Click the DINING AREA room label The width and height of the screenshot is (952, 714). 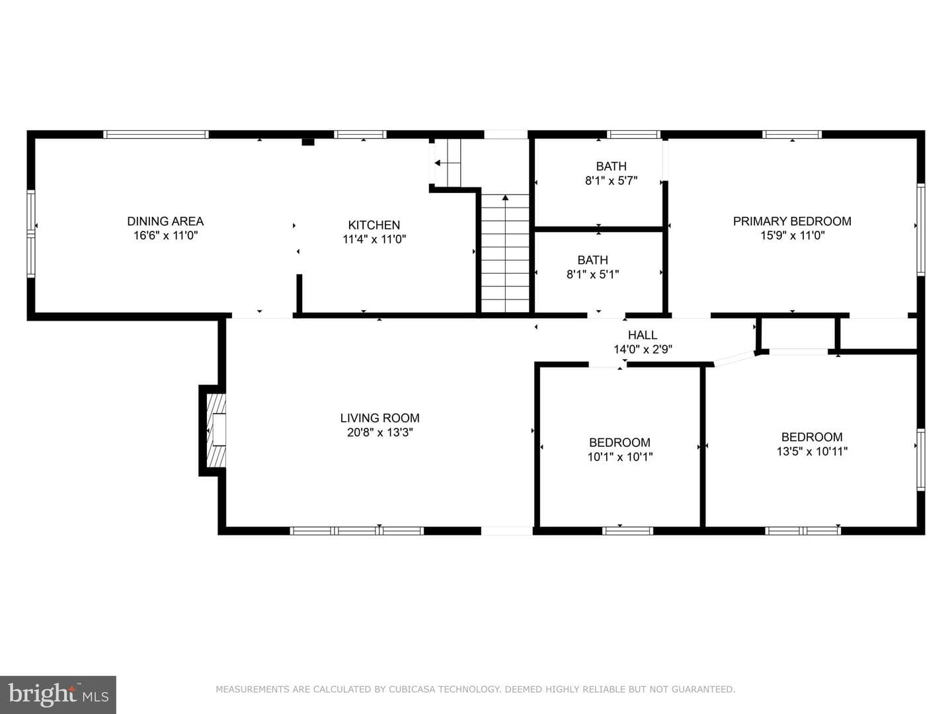(165, 221)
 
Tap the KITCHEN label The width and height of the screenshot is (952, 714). (374, 225)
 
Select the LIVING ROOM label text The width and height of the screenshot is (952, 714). (379, 418)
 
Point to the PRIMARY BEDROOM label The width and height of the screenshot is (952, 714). (792, 221)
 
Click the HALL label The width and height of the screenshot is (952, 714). (643, 335)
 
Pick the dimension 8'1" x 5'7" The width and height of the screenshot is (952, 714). (611, 180)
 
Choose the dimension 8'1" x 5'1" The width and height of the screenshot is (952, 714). (592, 274)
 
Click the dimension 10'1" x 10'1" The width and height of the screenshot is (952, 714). (619, 457)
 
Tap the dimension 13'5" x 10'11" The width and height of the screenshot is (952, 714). (812, 452)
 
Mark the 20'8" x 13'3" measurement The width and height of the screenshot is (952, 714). (380, 432)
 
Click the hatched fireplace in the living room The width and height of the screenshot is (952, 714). (216, 430)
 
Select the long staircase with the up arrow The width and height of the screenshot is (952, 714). (505, 253)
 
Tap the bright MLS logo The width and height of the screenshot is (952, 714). (58, 695)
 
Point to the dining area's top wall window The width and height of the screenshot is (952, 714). (156, 134)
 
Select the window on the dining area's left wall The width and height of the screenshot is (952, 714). (31, 233)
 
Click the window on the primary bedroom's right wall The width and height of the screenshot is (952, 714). (921, 229)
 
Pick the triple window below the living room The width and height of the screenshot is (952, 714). (356, 531)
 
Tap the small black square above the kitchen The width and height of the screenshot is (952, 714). (307, 141)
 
